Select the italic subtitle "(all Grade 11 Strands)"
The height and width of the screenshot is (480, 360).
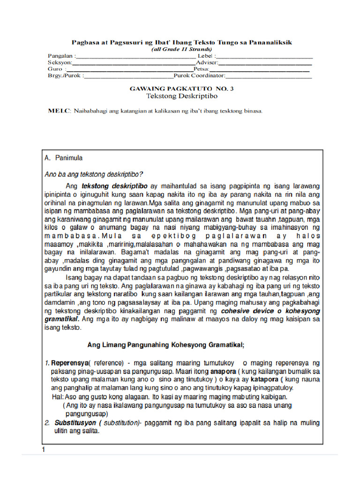pyautogui.click(x=181, y=49)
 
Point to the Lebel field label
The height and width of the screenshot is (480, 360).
pyautogui.click(x=207, y=56)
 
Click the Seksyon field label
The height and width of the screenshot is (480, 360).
pyautogui.click(x=60, y=62)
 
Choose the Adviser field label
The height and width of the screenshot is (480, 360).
pyautogui.click(x=207, y=62)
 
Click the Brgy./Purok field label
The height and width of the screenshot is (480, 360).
pyautogui.click(x=64, y=75)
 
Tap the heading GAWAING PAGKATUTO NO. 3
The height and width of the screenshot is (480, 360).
pyautogui.click(x=181, y=88)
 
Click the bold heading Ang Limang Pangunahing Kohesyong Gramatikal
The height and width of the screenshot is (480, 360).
pyautogui.click(x=166, y=345)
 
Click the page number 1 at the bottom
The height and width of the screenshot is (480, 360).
pyautogui.click(x=44, y=450)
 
